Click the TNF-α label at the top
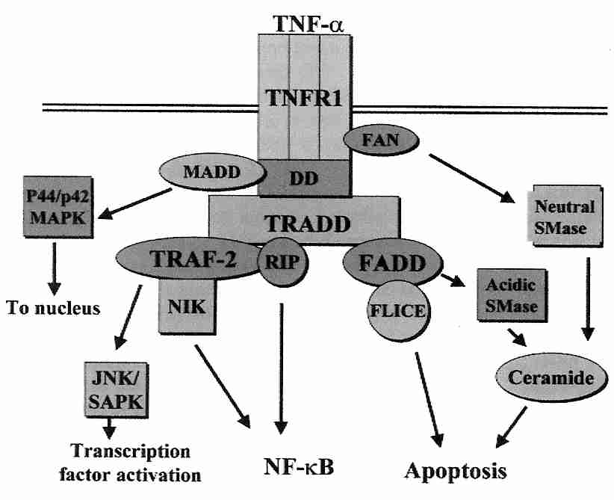click(x=307, y=22)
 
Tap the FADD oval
click(x=389, y=262)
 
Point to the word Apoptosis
click(x=456, y=471)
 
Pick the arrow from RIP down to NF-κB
click(x=280, y=366)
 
